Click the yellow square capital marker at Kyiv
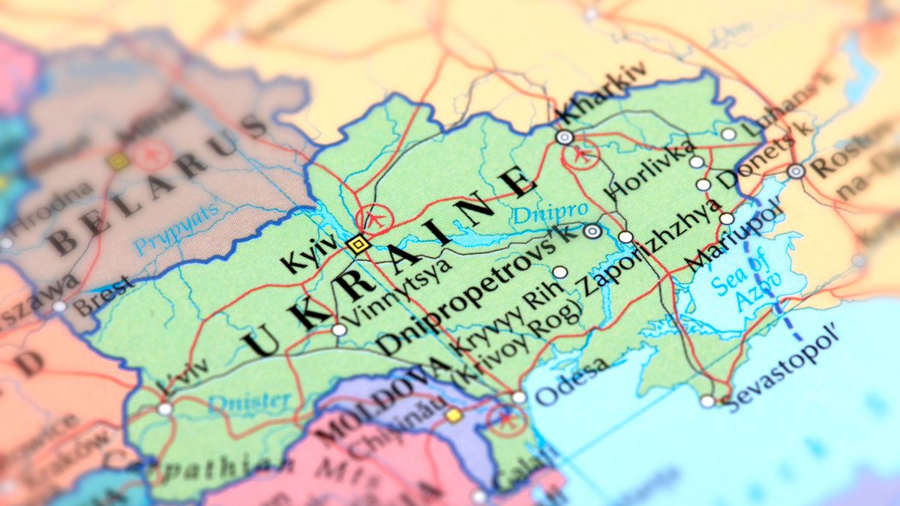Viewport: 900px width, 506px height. coord(358,244)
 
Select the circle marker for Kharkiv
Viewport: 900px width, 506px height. coord(565,137)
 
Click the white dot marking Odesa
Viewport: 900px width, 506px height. coord(518,397)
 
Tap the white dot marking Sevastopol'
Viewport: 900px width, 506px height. coord(707,401)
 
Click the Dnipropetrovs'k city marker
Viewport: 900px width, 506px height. coord(592,232)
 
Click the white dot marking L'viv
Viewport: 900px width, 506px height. coord(165,409)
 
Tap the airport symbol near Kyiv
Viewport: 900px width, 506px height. coord(374,220)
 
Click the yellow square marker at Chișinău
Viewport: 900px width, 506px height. coord(453,415)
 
